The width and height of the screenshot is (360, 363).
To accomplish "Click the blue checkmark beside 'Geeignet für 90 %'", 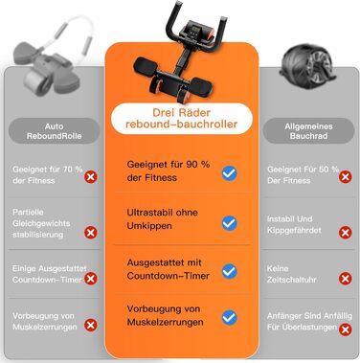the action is tap(230, 173).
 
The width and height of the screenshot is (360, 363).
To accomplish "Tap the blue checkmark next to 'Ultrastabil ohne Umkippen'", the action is tap(230, 223).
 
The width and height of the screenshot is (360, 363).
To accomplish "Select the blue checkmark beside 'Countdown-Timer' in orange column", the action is tap(230, 271).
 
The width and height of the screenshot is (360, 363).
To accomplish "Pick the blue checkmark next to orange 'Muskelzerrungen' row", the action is tap(230, 318).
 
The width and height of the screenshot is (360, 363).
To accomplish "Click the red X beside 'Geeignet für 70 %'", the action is tap(91, 177).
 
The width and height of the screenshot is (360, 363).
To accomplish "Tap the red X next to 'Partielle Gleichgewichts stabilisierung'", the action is tap(91, 233).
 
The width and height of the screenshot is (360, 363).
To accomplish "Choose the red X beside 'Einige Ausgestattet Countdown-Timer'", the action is tap(91, 279).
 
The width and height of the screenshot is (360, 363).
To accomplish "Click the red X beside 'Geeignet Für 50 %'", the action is tap(346, 177).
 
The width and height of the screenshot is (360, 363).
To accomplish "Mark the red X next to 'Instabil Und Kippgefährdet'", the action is tap(346, 233).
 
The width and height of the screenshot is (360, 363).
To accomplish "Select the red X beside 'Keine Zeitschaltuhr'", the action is tap(346, 279).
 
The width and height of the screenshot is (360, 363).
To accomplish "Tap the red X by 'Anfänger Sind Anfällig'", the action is tap(346, 329).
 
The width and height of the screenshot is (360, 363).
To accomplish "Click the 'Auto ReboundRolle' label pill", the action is tap(54, 131).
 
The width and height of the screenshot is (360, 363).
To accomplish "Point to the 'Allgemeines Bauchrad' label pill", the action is tap(308, 131).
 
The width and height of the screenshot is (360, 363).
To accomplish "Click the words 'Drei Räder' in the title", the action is tap(181, 113).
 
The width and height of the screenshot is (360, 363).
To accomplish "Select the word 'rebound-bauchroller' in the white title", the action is tap(181, 125).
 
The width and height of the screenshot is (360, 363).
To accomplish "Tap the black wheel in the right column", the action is tap(307, 68).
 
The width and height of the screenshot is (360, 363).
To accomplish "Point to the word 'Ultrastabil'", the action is tap(146, 213).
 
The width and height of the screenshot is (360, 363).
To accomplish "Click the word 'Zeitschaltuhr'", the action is tap(292, 280).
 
